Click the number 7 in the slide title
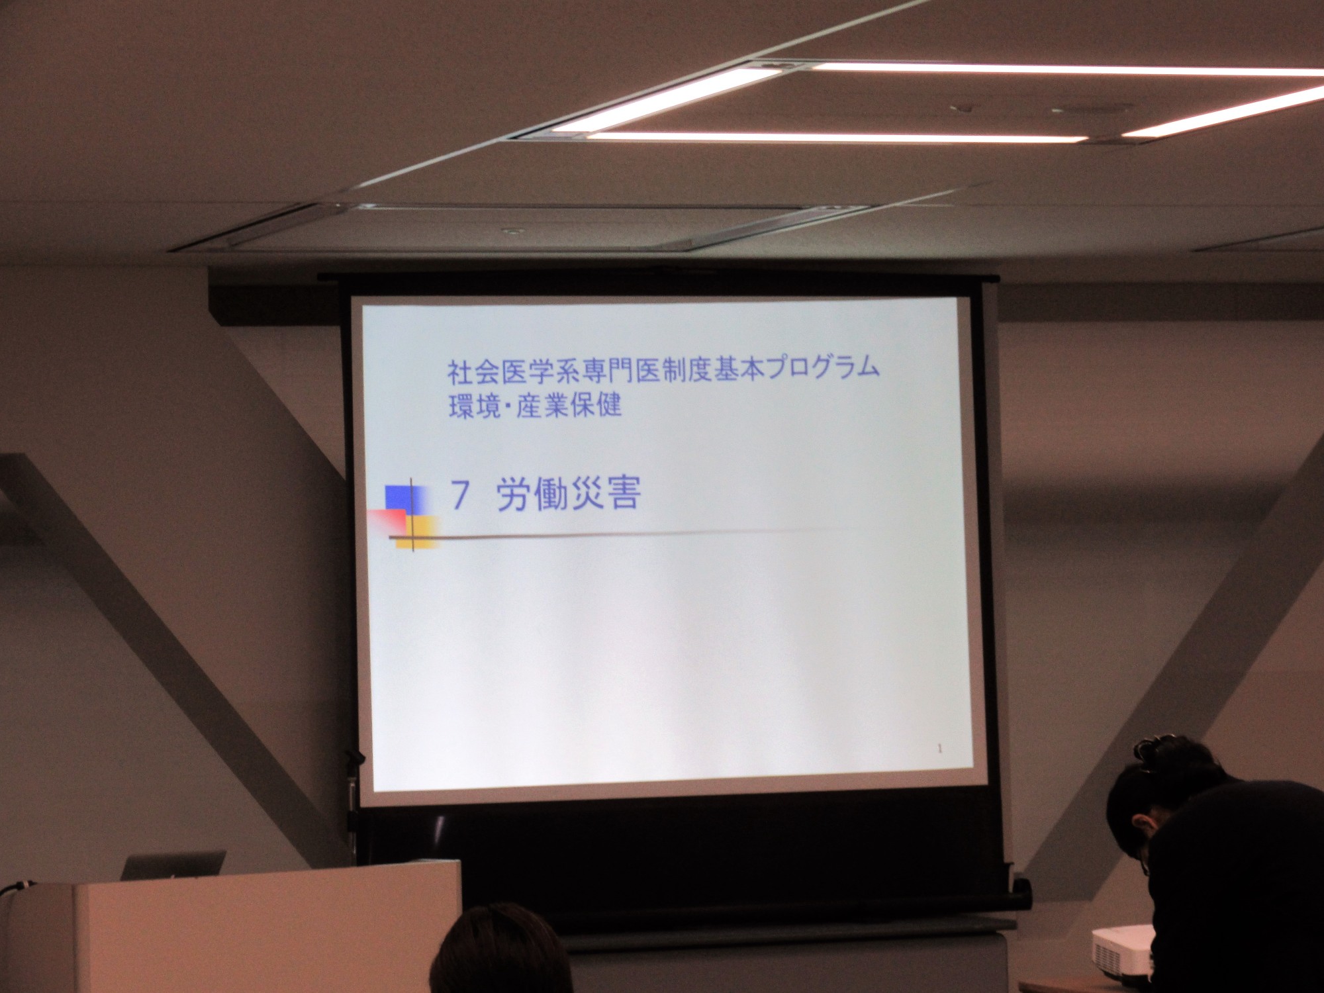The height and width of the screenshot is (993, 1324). pyautogui.click(x=460, y=495)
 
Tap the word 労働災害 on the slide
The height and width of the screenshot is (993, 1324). pyautogui.click(x=569, y=494)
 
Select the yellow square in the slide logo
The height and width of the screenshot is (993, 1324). pyautogui.click(x=420, y=532)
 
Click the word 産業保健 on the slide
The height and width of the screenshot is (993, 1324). pyautogui.click(x=569, y=405)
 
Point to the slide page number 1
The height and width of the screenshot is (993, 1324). pyautogui.click(x=939, y=749)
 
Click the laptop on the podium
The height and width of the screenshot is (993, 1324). pyautogui.click(x=173, y=865)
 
